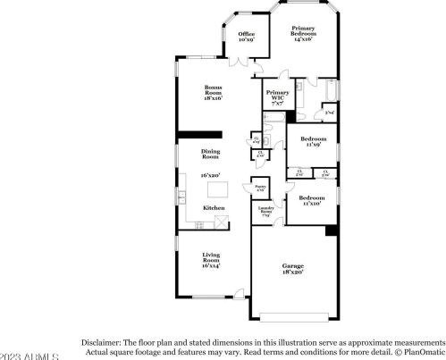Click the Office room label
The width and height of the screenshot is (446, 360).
246,37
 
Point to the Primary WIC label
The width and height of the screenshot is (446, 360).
277,98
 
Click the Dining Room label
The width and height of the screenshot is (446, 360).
210,155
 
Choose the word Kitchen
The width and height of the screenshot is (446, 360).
214,207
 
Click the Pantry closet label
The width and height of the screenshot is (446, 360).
260,189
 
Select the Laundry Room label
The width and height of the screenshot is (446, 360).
266,212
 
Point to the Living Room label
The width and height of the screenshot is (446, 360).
210,259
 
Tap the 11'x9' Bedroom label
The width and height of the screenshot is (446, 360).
312,142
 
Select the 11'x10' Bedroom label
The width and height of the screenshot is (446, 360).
311,200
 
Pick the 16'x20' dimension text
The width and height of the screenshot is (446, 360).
210,176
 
